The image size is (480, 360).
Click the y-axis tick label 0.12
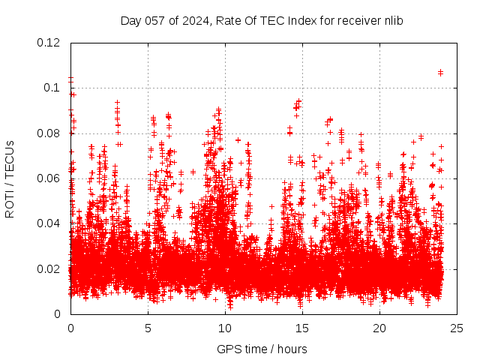click(x=49, y=43)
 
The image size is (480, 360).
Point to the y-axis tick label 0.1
click(x=53, y=88)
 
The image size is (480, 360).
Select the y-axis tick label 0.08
click(x=49, y=133)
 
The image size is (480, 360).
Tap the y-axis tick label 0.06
click(x=49, y=178)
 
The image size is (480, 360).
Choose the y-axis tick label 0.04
click(x=49, y=223)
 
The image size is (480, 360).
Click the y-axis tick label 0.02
click(x=49, y=268)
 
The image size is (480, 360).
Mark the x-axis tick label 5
click(x=148, y=328)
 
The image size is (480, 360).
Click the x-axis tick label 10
click(x=225, y=328)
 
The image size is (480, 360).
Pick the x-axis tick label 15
click(x=302, y=328)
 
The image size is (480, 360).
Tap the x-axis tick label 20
click(x=379, y=328)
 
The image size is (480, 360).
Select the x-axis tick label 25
click(x=457, y=328)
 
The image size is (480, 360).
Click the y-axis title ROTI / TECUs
click(x=10, y=178)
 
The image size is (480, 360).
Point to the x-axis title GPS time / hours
click(x=262, y=349)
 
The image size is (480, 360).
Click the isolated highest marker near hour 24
click(x=440, y=73)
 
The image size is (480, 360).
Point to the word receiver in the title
click(x=358, y=21)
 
